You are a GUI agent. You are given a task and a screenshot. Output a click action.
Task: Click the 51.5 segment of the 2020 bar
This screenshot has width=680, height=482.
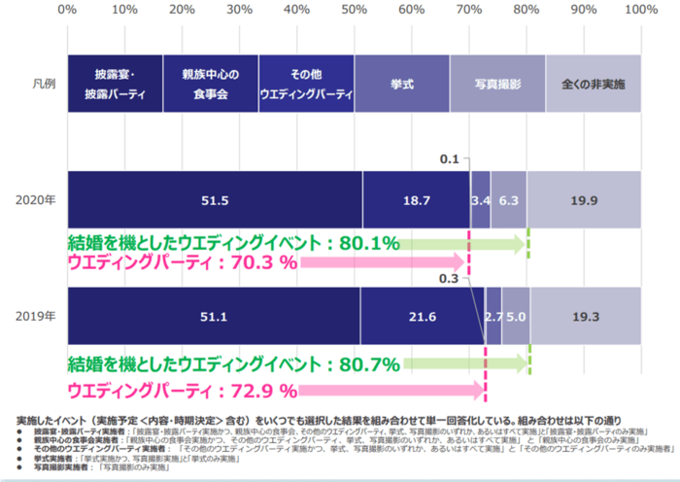coord(214,200)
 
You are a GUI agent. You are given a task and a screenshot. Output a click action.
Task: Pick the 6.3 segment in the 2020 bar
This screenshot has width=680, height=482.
coord(509,200)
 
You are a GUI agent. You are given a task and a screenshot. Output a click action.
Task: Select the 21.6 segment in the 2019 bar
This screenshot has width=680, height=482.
coord(423,317)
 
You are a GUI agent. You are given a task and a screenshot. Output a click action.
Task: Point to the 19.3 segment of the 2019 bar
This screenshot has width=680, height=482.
coord(585,317)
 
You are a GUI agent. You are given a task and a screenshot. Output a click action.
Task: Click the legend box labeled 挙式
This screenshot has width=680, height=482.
coord(401,84)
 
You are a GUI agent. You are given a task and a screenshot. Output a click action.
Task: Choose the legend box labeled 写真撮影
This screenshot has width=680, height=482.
coord(496,84)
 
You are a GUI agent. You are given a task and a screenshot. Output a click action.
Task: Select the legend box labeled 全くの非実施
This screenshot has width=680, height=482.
coord(593,84)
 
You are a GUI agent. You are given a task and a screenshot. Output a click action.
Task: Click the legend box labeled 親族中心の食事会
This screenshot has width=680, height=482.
coord(211,84)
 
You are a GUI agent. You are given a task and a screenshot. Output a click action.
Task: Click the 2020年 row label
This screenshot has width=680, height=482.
coord(34,200)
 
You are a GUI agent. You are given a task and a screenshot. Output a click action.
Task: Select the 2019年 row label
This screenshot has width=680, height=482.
coord(34,317)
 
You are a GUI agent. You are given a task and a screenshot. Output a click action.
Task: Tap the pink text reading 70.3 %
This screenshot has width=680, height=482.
coord(256,262)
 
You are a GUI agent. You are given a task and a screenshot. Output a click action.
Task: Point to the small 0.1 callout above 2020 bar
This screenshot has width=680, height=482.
coord(449,159)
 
